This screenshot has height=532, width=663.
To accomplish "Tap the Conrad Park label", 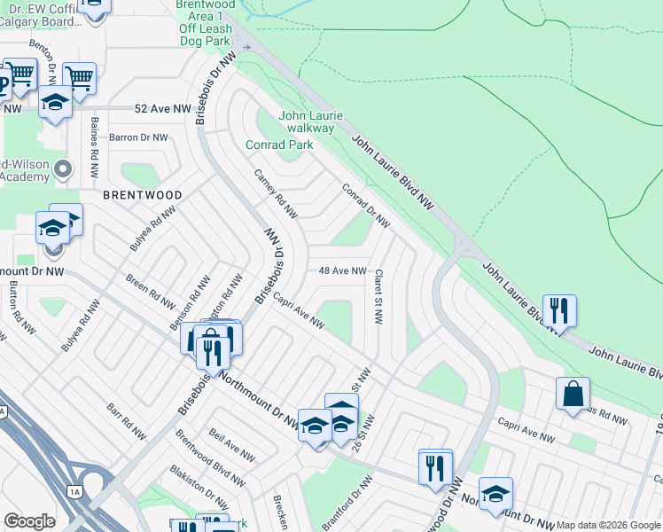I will click(279, 144).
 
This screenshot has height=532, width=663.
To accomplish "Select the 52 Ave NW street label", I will click(163, 108).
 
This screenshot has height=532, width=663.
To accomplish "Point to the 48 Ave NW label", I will click(342, 270).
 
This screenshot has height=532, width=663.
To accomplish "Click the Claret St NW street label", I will click(378, 297).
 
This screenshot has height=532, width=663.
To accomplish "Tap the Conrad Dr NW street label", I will click(366, 205).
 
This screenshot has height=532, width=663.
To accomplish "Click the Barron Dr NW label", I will click(137, 137).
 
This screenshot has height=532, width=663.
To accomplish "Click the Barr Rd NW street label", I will click(126, 423).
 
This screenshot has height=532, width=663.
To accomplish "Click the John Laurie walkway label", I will click(307, 121).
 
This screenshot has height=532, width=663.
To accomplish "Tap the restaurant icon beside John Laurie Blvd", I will click(560, 309).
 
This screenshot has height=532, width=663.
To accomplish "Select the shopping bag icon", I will click(573, 393).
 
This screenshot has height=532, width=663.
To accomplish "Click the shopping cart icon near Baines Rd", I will click(80, 77).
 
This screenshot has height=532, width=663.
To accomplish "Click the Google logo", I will click(29, 521).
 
